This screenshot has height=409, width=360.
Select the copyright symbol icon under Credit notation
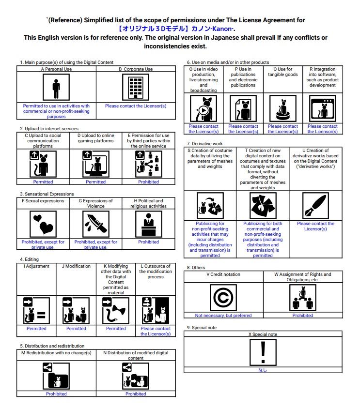pyautogui.click(x=223, y=298)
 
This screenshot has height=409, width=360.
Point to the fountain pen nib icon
pyautogui.click(x=315, y=206)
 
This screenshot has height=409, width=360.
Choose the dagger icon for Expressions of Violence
pyautogui.click(x=96, y=224)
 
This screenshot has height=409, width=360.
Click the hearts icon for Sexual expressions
pyautogui.click(x=43, y=224)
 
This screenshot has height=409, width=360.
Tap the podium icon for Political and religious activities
pyautogui.click(x=148, y=224)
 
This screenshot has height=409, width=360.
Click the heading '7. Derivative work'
pyautogui.click(x=205, y=144)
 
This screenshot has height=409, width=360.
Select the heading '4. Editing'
pyautogui.click(x=30, y=259)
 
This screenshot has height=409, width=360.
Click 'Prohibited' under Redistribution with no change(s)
pyautogui.click(x=56, y=394)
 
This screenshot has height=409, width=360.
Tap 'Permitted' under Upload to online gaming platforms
pyautogui.click(x=95, y=182)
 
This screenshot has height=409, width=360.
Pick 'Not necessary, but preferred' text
pyautogui.click(x=223, y=316)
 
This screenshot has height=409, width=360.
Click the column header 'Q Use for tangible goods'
pyautogui.click(x=282, y=72)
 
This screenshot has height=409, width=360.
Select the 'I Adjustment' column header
pyautogui.click(x=36, y=266)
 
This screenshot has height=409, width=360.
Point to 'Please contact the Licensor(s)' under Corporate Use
pyautogui.click(x=136, y=106)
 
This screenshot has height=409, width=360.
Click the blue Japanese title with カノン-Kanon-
pyautogui.click(x=175, y=29)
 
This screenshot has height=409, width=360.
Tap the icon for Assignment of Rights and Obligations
pyautogui.click(x=303, y=298)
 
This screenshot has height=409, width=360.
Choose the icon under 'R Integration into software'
pyautogui.click(x=322, y=108)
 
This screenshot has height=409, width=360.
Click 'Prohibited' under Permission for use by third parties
pyautogui.click(x=148, y=182)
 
